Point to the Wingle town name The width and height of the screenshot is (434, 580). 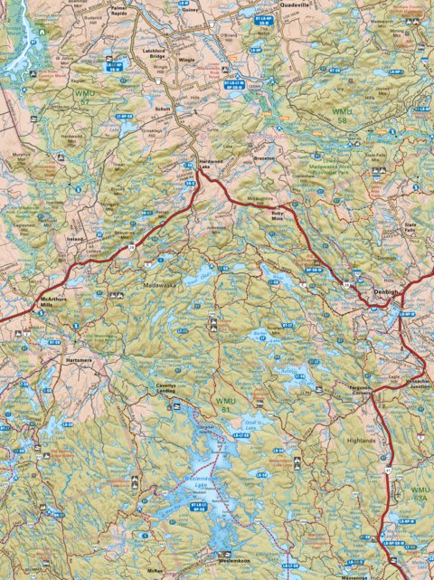coord(187,60)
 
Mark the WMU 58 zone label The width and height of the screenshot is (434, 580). coord(337,117)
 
